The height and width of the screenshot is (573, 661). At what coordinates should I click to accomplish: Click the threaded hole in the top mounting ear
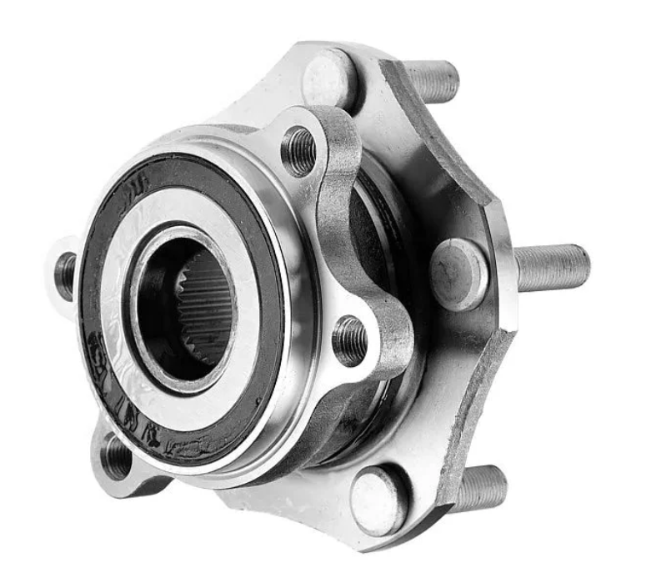point(298,151)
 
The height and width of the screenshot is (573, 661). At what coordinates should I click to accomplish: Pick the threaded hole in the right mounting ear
point(350,340)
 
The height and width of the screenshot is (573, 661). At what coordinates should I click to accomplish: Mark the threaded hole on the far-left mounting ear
point(65,276)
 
